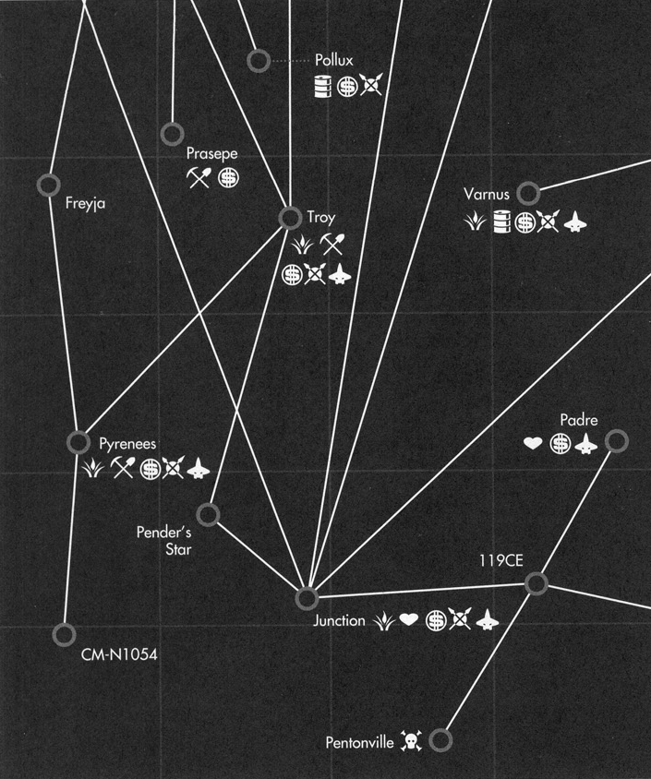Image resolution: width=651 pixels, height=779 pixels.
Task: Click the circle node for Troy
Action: pyautogui.click(x=290, y=217)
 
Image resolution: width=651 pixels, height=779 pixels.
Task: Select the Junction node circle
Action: pyautogui.click(x=307, y=598)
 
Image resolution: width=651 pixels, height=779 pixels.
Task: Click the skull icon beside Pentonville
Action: pyautogui.click(x=411, y=740)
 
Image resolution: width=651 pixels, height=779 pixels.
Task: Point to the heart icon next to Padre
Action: pyautogui.click(x=533, y=444)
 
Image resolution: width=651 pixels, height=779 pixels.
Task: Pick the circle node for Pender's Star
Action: pyautogui.click(x=208, y=514)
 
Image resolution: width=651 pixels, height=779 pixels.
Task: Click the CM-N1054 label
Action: pyautogui.click(x=120, y=659)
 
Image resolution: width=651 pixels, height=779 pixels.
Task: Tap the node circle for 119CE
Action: pyautogui.click(x=536, y=583)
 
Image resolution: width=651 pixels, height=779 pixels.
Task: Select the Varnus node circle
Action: pyautogui.click(x=527, y=193)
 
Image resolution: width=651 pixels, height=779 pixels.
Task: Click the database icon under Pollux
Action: pyautogui.click(x=322, y=87)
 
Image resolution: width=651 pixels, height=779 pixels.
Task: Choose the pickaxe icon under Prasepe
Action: pyautogui.click(x=199, y=177)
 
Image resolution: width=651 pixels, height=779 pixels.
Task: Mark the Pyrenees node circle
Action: pyautogui.click(x=79, y=441)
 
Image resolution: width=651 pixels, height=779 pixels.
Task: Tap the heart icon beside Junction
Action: pyautogui.click(x=409, y=621)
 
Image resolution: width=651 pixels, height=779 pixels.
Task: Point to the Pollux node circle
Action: pyautogui.click(x=259, y=61)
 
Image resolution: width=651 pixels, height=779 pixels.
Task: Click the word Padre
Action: pyautogui.click(x=579, y=421)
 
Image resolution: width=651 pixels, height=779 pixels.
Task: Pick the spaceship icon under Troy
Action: pyautogui.click(x=340, y=273)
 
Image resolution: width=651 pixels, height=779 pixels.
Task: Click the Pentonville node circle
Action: pyautogui.click(x=441, y=739)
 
